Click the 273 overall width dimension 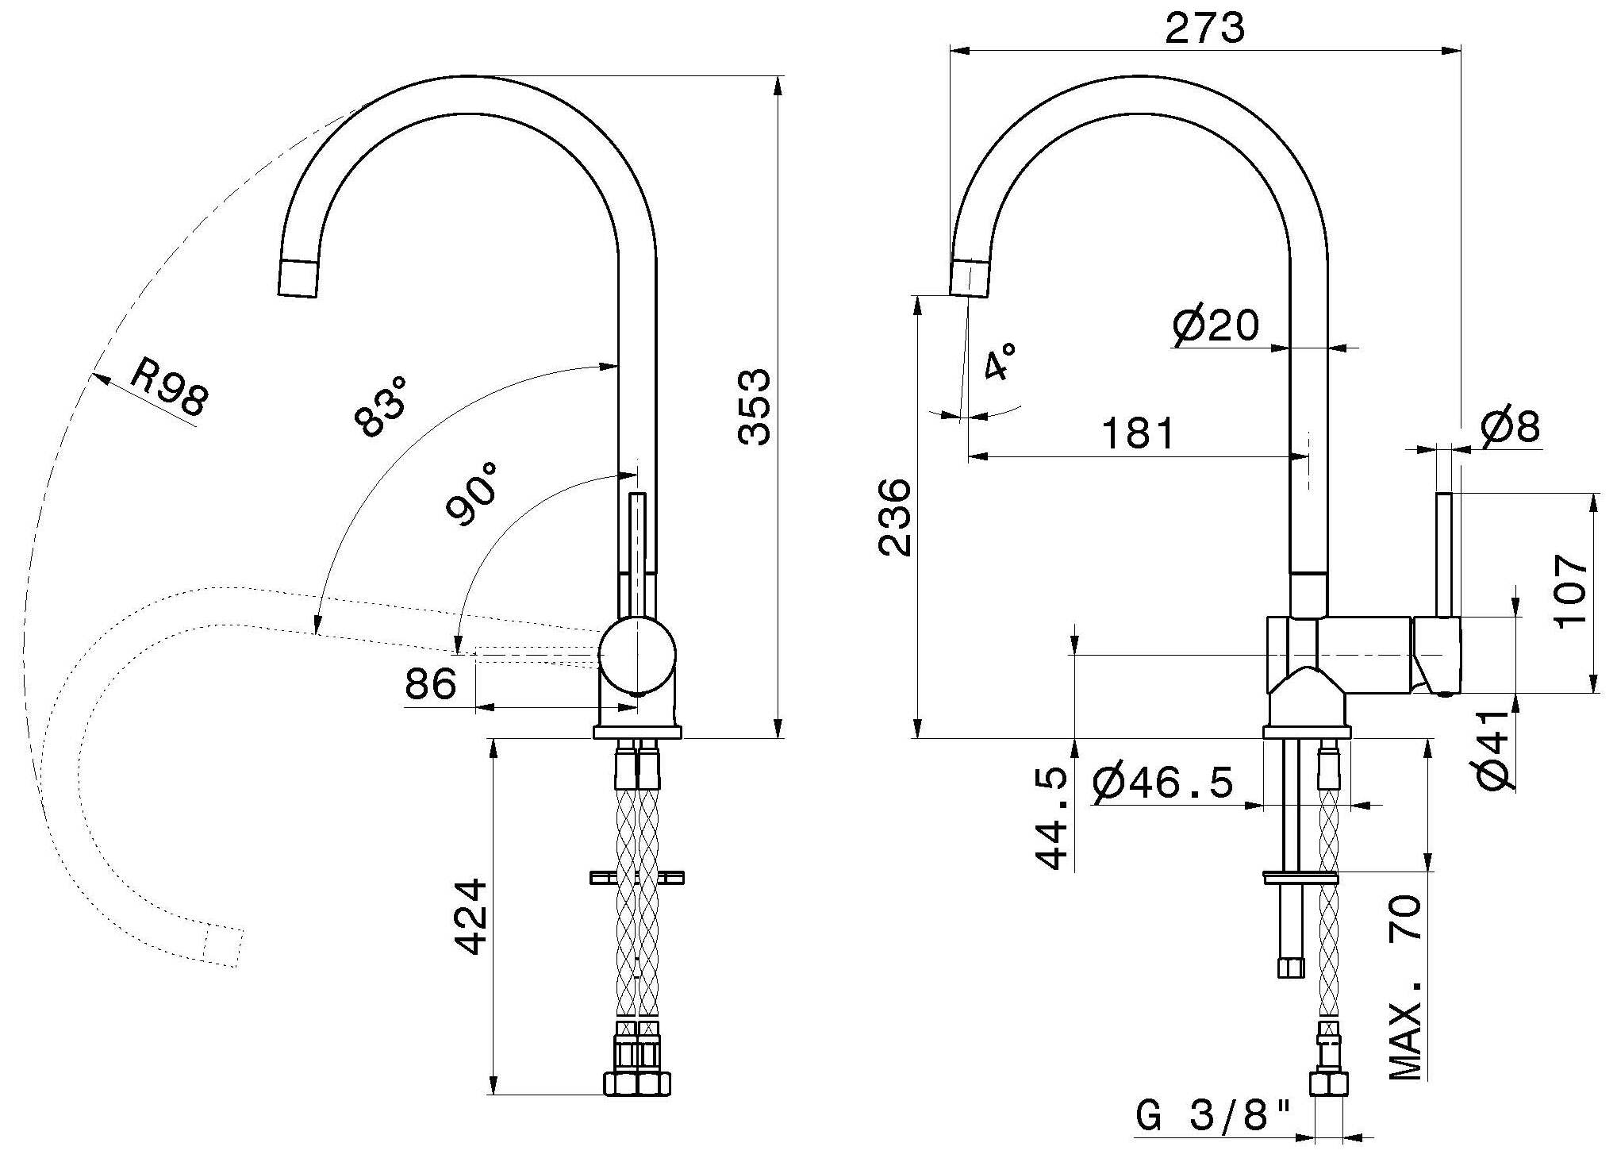1204,29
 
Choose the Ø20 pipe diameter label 1216,325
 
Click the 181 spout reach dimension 1137,433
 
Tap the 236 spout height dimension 894,517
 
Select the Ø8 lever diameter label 1510,427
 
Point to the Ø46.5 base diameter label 1163,783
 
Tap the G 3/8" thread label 1214,1118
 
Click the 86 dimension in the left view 431,683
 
